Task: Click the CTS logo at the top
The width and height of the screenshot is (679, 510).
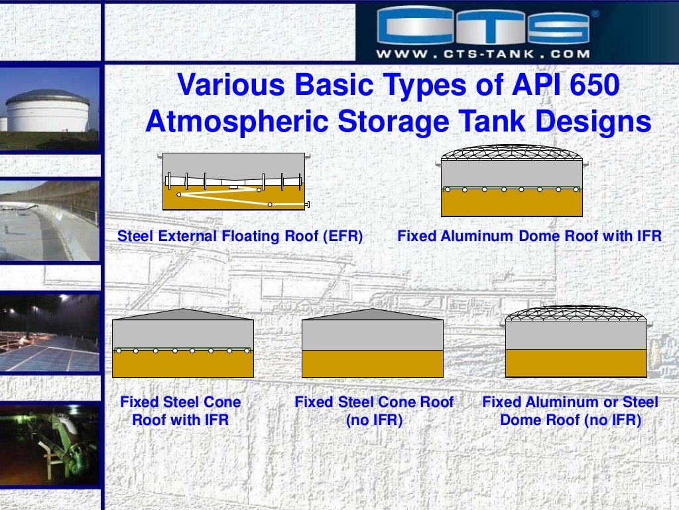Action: (483, 26)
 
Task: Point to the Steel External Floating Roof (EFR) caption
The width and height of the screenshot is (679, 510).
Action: (240, 236)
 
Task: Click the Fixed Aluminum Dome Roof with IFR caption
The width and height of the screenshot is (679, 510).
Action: (529, 236)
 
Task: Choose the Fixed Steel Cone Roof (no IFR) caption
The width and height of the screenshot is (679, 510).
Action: (374, 410)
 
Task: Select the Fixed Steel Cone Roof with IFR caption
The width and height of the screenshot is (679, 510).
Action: (180, 410)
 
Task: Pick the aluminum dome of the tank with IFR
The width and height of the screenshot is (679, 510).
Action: (512, 152)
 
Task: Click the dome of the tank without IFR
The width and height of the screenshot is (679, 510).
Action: (576, 313)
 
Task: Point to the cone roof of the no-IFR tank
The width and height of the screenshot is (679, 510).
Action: (372, 314)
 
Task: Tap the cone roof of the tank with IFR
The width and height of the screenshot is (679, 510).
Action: (182, 314)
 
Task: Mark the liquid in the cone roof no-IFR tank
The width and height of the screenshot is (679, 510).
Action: (372, 363)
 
